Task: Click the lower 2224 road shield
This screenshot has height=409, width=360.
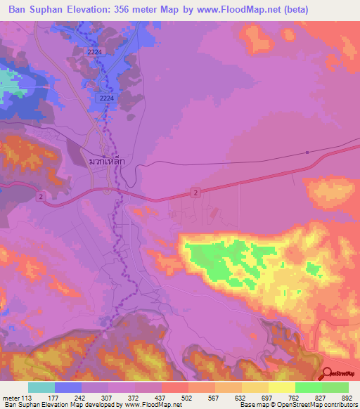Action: (x=106, y=98)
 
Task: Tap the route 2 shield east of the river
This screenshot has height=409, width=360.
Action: (x=195, y=192)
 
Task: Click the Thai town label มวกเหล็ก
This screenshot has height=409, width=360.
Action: (x=107, y=161)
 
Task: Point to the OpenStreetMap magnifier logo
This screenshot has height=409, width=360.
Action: (x=329, y=375)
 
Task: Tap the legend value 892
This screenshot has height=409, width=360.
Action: (x=347, y=398)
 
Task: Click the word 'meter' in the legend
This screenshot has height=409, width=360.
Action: (x=10, y=398)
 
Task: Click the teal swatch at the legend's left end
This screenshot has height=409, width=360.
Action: (x=41, y=387)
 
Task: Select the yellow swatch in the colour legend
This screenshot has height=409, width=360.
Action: (x=281, y=387)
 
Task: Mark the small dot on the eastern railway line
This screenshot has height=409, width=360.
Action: (x=307, y=152)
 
